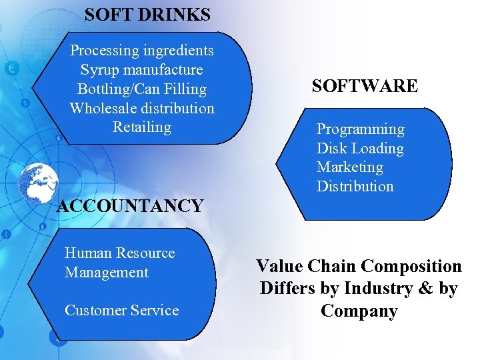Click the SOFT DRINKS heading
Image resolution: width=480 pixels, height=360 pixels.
[x=147, y=14]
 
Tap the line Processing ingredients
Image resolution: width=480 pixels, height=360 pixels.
[x=142, y=50]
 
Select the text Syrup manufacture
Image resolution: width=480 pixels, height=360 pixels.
[x=142, y=69]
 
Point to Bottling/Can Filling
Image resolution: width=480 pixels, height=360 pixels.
[x=142, y=89]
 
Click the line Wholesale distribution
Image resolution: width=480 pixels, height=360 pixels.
[x=142, y=108]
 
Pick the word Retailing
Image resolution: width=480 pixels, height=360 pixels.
[x=142, y=127]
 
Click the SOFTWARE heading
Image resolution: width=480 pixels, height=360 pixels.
[x=365, y=86]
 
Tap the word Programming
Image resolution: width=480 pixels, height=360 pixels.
[x=360, y=129]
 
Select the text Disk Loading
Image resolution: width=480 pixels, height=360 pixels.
[x=360, y=148]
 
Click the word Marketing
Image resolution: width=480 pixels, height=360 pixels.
[x=350, y=167]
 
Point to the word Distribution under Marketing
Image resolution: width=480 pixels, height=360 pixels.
[x=355, y=186]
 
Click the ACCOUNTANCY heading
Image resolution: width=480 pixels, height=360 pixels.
[x=130, y=206]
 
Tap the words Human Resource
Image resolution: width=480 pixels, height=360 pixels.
[x=119, y=253]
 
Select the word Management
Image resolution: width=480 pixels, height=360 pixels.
[x=107, y=272]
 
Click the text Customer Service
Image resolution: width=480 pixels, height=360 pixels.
[x=121, y=310]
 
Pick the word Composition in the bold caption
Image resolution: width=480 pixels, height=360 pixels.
[x=410, y=266]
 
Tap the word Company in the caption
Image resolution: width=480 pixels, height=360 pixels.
[x=359, y=311]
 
